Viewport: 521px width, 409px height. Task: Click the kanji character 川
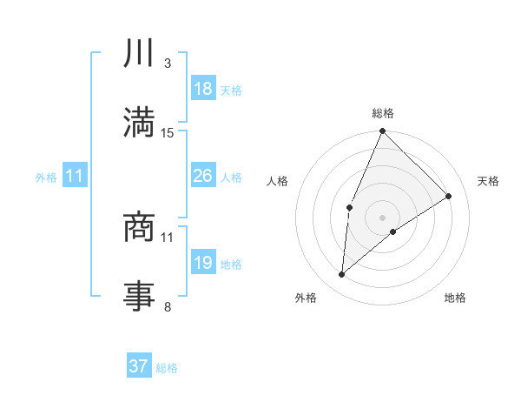pos(140,53)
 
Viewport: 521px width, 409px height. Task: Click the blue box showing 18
pos(203,89)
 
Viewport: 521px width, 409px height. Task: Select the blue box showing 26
pos(203,176)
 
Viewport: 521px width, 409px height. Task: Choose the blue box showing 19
pos(203,263)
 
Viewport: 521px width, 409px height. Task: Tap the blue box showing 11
pos(75,176)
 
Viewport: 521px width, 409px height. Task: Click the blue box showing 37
pos(139,366)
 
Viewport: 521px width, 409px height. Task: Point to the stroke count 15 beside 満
pos(168,133)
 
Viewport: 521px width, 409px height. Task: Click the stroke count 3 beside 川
pos(168,64)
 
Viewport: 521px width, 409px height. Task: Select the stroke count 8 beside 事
pos(168,306)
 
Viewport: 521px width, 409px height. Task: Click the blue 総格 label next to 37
pos(167,368)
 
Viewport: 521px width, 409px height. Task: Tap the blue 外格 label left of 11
pos(46,177)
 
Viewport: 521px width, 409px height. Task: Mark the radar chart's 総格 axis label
pos(382,113)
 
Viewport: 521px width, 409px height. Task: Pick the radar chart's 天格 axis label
pos(489,181)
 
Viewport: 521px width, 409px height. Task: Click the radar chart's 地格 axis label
pos(455,298)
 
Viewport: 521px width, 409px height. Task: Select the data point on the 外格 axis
pos(342,275)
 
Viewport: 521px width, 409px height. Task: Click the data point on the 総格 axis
pos(382,131)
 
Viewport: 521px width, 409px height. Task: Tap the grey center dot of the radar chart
pos(382,217)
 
